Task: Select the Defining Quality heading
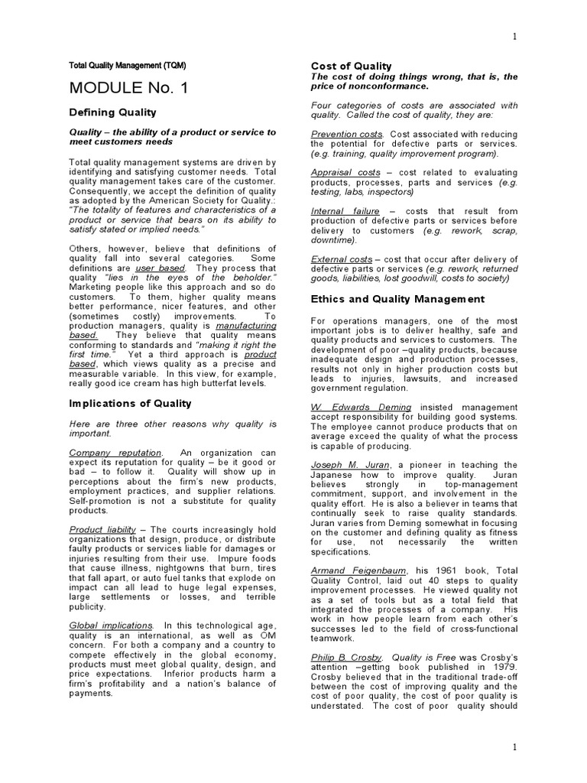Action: (x=113, y=112)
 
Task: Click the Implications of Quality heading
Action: (x=130, y=403)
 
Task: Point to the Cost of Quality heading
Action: (x=351, y=66)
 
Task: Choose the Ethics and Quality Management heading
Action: (x=397, y=299)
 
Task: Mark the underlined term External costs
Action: (x=341, y=260)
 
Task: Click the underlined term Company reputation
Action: (x=115, y=453)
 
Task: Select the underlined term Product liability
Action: (x=102, y=529)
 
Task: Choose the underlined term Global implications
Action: (x=111, y=625)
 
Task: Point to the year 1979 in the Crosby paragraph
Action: (x=504, y=667)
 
